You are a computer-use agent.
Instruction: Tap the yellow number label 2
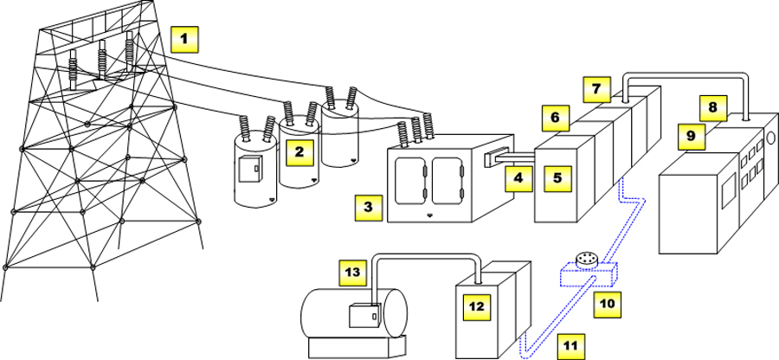click(x=299, y=151)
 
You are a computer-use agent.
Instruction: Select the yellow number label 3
click(x=368, y=208)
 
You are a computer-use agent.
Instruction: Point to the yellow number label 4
click(x=518, y=178)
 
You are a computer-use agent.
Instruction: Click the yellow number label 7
click(x=596, y=88)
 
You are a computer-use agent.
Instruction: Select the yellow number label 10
click(x=606, y=304)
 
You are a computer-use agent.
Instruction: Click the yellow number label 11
click(x=569, y=344)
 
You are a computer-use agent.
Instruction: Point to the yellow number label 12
click(x=474, y=307)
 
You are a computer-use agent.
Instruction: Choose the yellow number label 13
click(x=351, y=273)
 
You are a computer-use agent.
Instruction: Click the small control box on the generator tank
click(x=364, y=316)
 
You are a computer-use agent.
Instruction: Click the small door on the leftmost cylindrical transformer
click(x=251, y=170)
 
